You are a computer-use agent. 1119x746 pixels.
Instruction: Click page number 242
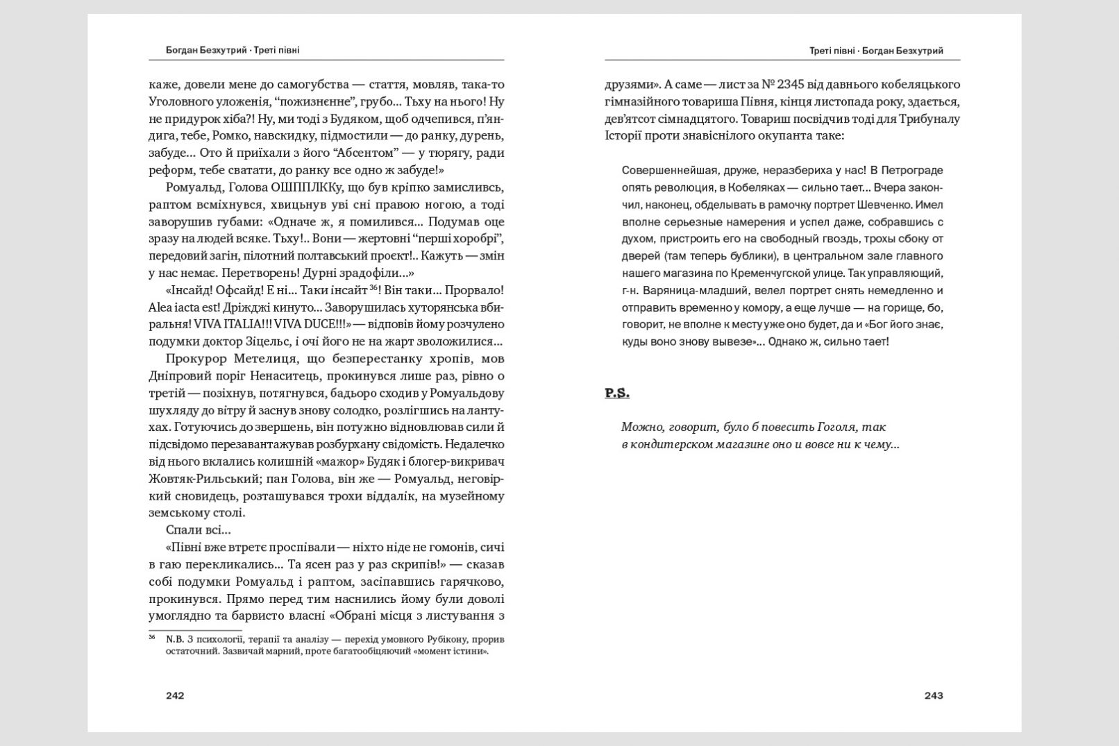(175, 695)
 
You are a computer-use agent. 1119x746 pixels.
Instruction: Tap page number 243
(934, 695)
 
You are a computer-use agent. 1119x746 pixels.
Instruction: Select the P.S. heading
(616, 393)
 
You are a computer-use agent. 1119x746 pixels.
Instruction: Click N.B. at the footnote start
(174, 638)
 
